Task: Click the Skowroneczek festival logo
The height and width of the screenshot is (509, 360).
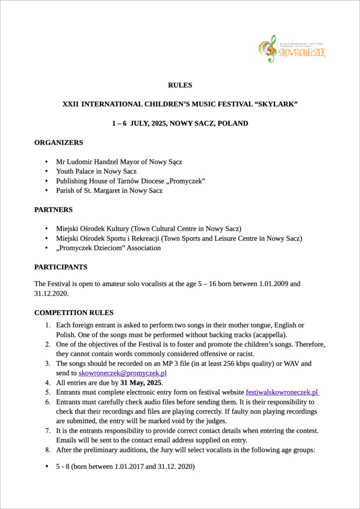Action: (x=292, y=49)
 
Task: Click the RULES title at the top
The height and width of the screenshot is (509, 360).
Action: (x=180, y=85)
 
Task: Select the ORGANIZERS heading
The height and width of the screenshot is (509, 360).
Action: (x=59, y=143)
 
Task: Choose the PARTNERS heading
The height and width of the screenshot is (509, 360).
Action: (x=53, y=210)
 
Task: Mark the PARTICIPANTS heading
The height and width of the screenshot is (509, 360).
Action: (x=61, y=267)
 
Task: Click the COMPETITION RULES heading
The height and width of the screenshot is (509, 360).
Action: (x=74, y=313)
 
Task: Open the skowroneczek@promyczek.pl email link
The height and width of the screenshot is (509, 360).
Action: (x=122, y=373)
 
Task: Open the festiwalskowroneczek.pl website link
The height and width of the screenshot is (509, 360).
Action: (x=282, y=392)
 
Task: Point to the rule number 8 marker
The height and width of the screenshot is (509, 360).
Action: (x=48, y=450)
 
